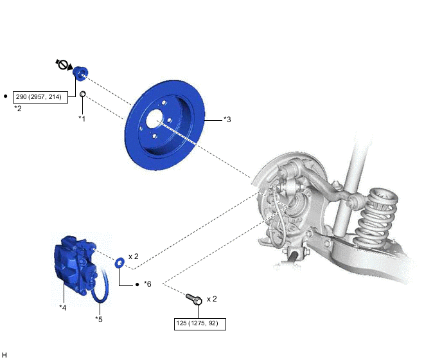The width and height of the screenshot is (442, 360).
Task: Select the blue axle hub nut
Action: tap(80, 73)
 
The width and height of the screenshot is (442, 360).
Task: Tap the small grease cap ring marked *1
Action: tap(83, 94)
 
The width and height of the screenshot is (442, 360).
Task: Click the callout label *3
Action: tap(227, 120)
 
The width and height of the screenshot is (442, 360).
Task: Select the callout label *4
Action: tap(63, 307)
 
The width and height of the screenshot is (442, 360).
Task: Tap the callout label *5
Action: tap(99, 319)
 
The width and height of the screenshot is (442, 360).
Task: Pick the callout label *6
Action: tap(148, 284)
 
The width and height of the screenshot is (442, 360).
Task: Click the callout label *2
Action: tap(18, 109)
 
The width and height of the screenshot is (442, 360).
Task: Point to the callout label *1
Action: tap(82, 119)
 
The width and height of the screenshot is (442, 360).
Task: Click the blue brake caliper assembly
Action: tap(76, 264)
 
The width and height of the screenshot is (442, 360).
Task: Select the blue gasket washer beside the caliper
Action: tap(119, 262)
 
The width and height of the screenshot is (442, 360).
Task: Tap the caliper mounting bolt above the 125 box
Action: tap(194, 299)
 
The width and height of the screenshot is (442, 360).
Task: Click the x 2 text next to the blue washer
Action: tap(134, 256)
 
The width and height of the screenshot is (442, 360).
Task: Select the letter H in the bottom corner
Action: tap(4, 355)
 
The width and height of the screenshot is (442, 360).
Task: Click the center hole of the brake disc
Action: tap(155, 120)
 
